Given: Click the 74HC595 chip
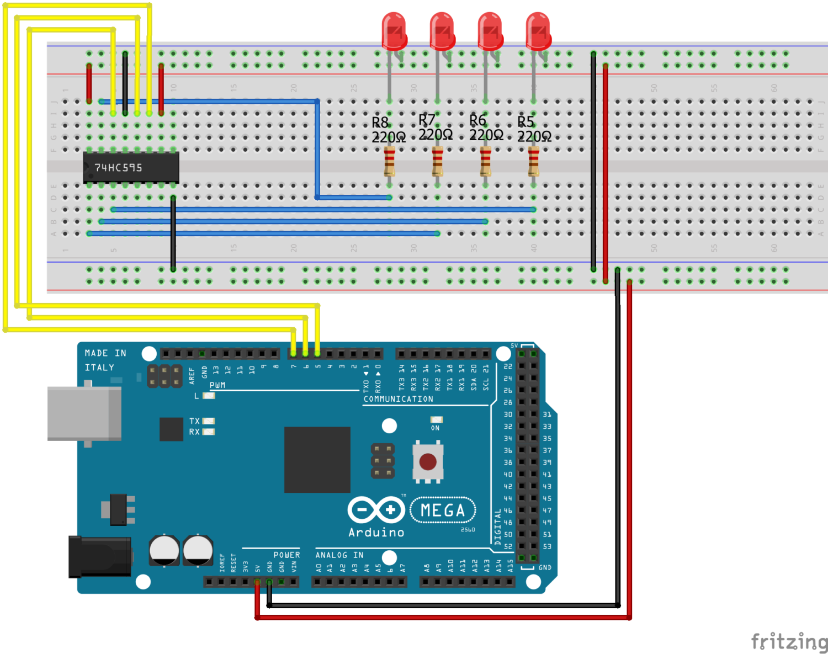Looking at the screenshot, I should (131, 167).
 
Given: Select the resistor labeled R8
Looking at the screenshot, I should (389, 161).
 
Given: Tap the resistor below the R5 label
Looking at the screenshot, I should (533, 161).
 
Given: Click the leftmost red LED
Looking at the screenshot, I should (394, 32).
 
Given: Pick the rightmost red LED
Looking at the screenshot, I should (538, 32).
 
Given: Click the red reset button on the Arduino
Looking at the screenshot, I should (428, 461).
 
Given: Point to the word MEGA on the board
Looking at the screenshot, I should (443, 511).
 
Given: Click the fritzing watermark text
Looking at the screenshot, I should (789, 641).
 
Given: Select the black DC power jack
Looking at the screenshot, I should (99, 556).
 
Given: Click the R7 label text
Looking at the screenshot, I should (427, 120).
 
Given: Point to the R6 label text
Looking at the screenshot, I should (477, 120).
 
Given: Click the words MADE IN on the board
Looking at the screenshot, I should (105, 353).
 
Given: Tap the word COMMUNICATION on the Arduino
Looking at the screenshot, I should (398, 399).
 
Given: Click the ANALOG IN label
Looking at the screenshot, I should (339, 555).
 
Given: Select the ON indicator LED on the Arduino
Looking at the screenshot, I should (436, 420).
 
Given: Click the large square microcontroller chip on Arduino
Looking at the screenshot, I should (317, 459).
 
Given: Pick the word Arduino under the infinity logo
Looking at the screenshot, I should (376, 533).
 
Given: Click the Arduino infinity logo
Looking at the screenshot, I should (376, 510).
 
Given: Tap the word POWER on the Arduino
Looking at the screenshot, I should (286, 555).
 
